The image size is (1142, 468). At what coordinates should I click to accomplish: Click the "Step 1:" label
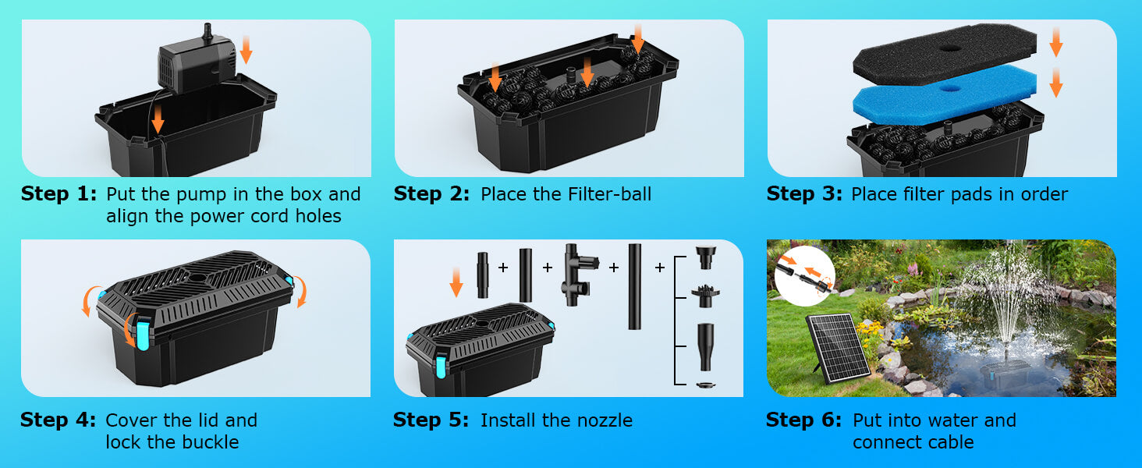tap(59, 194)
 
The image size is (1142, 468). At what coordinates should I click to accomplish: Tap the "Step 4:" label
tap(59, 420)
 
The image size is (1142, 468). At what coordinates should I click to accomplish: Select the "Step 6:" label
tap(804, 420)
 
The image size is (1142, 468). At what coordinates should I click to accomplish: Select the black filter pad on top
tap(945, 54)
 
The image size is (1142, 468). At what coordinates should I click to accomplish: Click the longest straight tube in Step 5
tap(635, 285)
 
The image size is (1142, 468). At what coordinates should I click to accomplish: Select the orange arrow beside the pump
tap(246, 48)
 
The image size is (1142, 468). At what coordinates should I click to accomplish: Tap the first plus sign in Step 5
tap(503, 268)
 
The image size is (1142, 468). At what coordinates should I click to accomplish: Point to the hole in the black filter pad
tap(949, 48)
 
